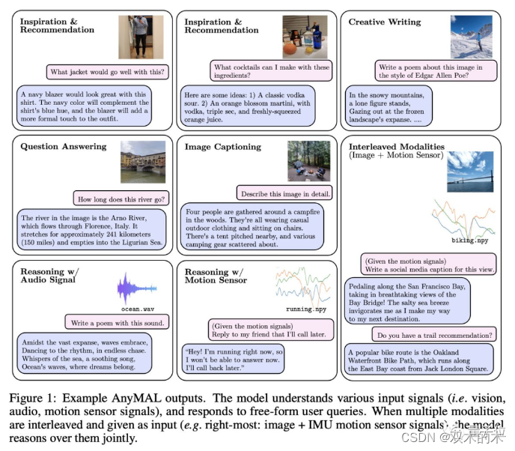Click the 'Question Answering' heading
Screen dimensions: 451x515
click(64, 147)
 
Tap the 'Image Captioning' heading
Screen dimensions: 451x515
click(222, 147)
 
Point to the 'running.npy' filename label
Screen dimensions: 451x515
click(306, 309)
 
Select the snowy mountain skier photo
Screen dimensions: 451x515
click(471, 37)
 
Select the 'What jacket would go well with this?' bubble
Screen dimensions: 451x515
click(108, 72)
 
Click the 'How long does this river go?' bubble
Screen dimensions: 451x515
click(120, 199)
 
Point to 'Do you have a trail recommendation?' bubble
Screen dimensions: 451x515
click(434, 334)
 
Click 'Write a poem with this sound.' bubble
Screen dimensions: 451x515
click(117, 323)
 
